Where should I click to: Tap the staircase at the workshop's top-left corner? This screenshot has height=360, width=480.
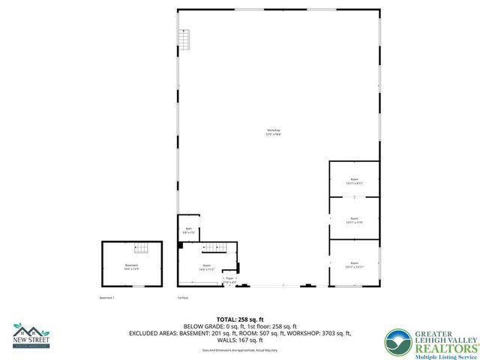point(184,37)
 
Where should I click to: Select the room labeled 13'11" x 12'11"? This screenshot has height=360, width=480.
point(354,264)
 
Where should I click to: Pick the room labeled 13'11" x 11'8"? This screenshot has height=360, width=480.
point(354,220)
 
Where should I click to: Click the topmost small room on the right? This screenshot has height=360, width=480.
point(354,179)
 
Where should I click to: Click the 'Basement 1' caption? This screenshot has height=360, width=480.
point(109,298)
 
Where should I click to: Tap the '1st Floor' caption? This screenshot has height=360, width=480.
point(181,298)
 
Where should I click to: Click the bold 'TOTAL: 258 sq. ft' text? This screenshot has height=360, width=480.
point(239,319)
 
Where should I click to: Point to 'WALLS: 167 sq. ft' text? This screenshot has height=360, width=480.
point(239,340)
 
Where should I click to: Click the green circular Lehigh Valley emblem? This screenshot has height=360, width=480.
point(397,343)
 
